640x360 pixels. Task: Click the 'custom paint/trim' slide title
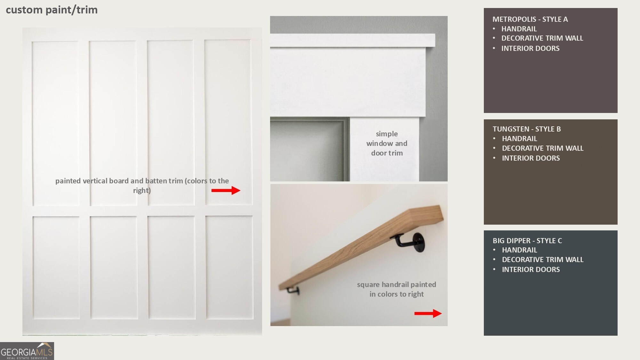52,10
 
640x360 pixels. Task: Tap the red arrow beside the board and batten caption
226,190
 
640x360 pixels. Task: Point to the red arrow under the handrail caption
428,313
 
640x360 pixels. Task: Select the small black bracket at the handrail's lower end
293,290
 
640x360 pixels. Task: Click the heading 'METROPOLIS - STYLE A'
530,19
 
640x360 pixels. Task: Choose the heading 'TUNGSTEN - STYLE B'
527,129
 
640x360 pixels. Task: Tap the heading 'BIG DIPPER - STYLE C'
527,241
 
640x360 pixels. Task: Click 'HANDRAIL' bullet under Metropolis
519,29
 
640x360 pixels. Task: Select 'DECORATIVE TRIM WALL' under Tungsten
543,148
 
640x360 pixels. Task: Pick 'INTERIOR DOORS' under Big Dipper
531,269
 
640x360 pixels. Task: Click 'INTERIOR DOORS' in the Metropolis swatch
530,48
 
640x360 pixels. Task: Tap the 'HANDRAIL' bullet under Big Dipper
519,250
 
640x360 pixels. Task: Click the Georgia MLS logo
27,351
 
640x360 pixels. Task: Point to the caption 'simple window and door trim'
387,143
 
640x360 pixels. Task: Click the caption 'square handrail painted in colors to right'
396,289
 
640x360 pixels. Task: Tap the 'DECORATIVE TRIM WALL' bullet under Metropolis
542,38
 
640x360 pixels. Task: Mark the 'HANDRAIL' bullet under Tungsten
519,139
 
